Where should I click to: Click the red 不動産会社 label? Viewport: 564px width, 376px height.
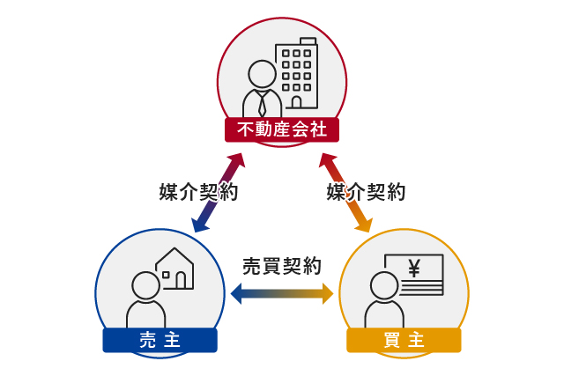pyautogui.click(x=282, y=130)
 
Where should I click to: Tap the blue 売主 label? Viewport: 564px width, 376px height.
pyautogui.click(x=160, y=340)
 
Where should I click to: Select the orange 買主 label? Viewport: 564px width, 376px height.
pyautogui.click(x=404, y=340)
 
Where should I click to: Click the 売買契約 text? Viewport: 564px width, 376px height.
pyautogui.click(x=282, y=265)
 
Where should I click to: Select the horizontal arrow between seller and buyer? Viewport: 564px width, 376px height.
pyautogui.click(x=282, y=293)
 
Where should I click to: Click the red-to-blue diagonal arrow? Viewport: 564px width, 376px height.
pyautogui.click(x=218, y=192)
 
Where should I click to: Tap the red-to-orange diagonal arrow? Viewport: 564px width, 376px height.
pyautogui.click(x=346, y=192)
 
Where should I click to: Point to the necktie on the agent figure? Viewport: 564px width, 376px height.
pyautogui.click(x=263, y=103)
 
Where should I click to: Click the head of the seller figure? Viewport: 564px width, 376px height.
pyautogui.click(x=145, y=284)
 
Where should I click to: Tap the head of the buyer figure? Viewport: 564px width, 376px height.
pyautogui.click(x=384, y=284)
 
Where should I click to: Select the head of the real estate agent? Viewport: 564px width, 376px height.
pyautogui.click(x=262, y=73)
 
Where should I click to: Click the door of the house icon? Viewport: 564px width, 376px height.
pyautogui.click(x=182, y=280)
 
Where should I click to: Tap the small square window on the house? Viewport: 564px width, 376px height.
pyautogui.click(x=166, y=275)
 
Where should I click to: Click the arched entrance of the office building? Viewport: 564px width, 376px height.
pyautogui.click(x=296, y=102)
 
